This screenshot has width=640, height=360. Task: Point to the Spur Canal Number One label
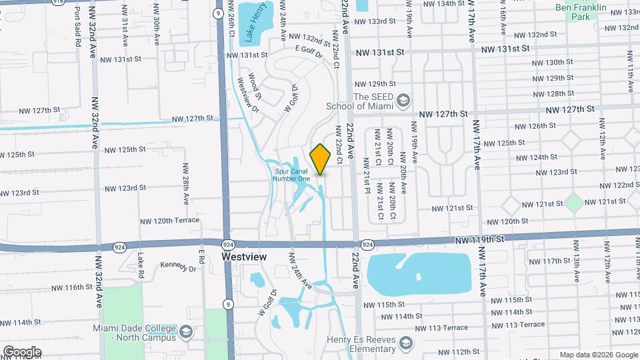(293, 174)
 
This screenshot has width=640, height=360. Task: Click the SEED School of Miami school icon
(403, 101)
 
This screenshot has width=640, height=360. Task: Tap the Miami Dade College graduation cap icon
(185, 331)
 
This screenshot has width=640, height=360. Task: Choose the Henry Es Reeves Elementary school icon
(405, 344)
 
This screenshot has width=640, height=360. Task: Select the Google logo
(22, 351)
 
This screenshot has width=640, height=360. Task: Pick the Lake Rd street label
(141, 265)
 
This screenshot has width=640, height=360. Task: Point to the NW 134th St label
(440, 3)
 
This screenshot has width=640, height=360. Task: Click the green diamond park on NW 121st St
(573, 201)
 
